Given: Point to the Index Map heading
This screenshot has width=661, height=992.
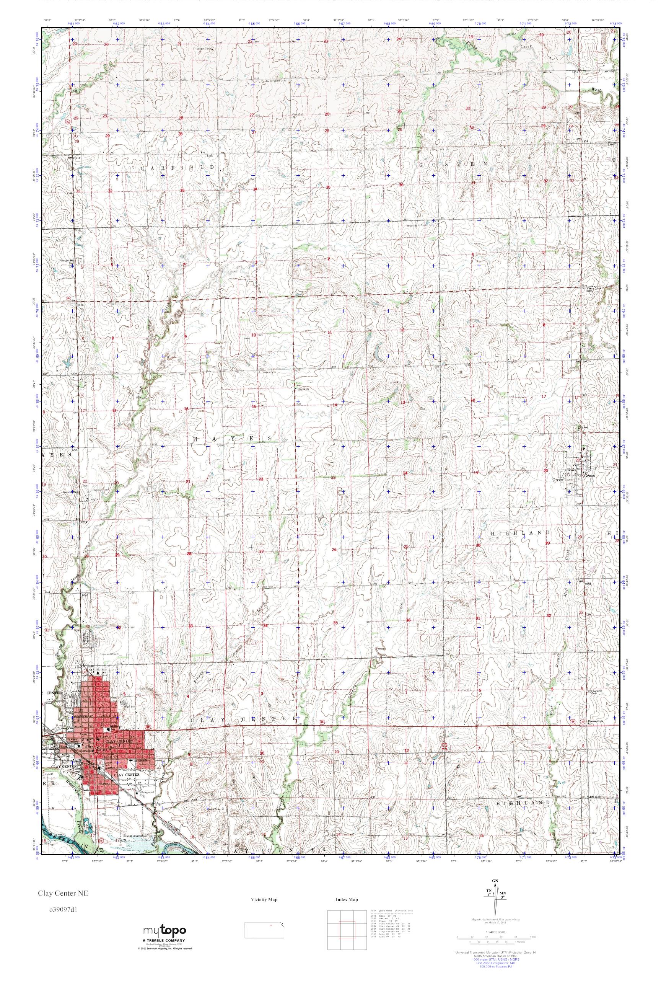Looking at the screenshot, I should pos(347,900).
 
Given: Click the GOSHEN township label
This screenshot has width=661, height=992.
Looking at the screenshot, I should pos(453,163).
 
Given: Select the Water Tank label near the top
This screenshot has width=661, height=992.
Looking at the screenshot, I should pos(204,49).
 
